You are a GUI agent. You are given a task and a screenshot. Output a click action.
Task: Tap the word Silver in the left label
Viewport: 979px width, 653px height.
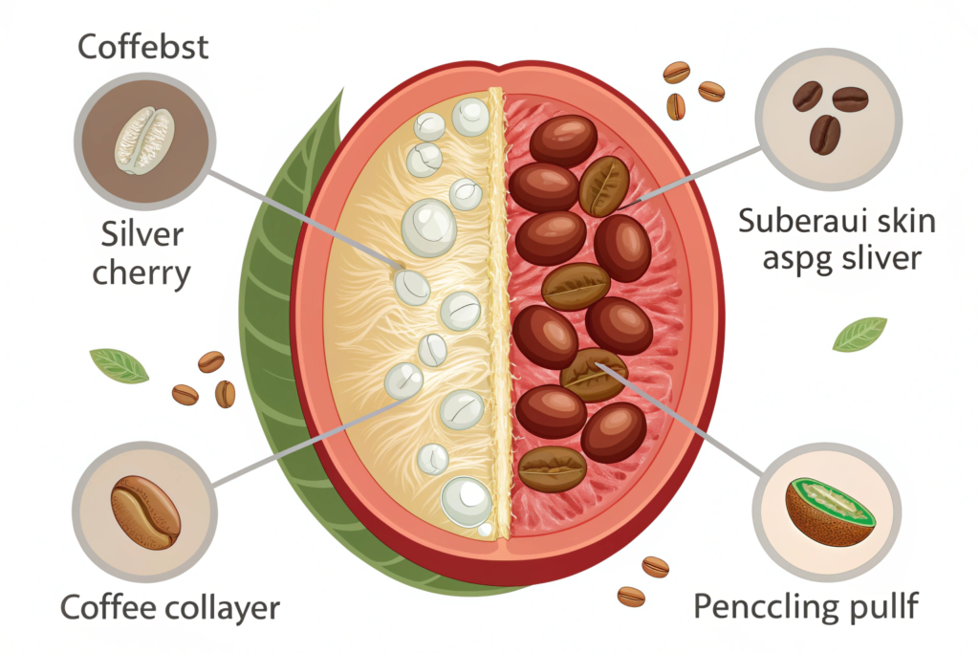click(141, 234)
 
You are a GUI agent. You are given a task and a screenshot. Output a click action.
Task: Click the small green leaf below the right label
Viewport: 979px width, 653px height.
click(859, 335)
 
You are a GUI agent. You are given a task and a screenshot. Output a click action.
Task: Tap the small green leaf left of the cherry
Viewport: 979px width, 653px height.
click(119, 365)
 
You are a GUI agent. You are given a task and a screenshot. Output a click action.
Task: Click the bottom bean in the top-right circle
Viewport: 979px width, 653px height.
click(824, 135)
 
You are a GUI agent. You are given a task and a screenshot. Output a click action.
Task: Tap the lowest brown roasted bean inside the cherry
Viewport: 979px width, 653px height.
click(552, 468)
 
